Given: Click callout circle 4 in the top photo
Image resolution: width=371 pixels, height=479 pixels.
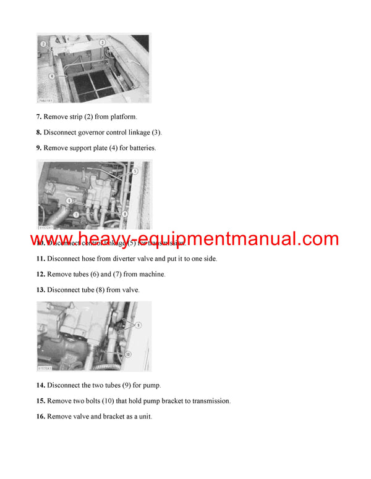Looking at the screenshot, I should click(x=52, y=76).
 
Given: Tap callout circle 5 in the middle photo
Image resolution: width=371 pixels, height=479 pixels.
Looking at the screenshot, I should click(x=135, y=171).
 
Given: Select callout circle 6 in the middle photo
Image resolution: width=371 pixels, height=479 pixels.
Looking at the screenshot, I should click(x=70, y=201).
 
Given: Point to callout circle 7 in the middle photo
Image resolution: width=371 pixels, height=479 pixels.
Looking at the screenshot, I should click(x=76, y=214).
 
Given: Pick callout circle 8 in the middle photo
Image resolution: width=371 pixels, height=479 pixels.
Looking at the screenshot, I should click(x=125, y=214).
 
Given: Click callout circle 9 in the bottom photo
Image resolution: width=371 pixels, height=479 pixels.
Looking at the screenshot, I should click(x=139, y=324).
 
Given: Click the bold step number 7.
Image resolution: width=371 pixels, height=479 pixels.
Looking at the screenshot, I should click(x=39, y=117).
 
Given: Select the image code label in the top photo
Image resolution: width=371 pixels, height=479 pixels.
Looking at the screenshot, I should click(x=45, y=100).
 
